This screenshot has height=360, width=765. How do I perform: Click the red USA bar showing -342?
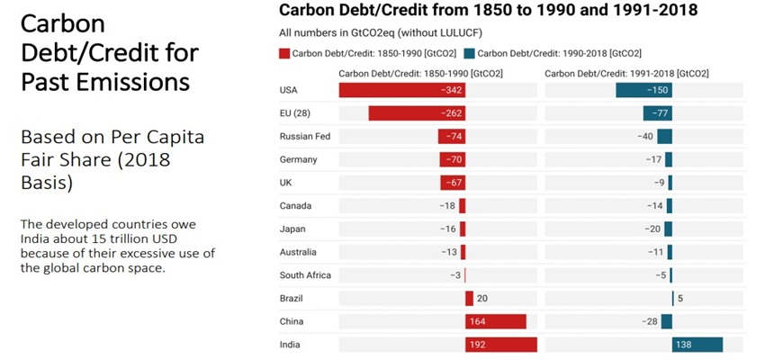401,90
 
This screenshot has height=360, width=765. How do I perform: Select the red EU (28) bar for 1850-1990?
416,113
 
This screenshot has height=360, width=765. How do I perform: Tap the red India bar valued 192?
500,345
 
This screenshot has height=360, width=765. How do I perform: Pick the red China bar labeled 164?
495,321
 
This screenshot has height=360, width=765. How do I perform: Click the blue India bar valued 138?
697,345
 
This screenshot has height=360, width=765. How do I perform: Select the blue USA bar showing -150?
643,90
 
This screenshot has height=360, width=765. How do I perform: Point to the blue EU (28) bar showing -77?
657,113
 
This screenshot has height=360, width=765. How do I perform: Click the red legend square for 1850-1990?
284,54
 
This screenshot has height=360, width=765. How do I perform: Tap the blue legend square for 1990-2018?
470,54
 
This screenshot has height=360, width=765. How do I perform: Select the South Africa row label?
306,275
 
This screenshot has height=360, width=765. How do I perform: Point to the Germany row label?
299,159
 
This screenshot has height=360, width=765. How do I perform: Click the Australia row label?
299,252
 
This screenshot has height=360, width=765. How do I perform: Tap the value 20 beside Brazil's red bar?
482,299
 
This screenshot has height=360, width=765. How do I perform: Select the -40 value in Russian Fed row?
644,136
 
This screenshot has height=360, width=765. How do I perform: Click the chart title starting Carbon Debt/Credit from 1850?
489,11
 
